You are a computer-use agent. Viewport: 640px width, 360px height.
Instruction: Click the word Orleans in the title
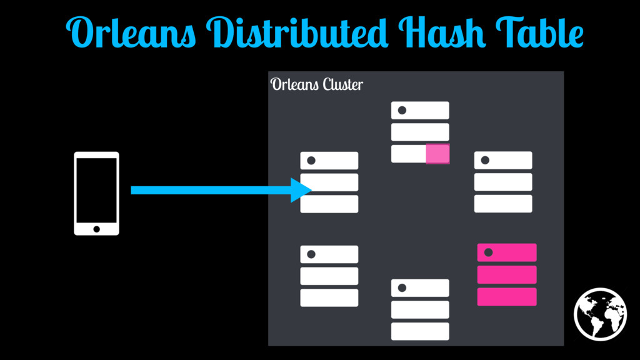[x=131, y=32]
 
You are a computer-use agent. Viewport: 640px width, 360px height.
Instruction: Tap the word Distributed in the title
[x=297, y=32]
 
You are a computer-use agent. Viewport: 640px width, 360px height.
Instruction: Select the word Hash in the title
[x=442, y=32]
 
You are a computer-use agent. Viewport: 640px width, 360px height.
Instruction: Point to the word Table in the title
[x=539, y=32]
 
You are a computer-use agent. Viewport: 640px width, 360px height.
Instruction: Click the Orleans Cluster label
[x=317, y=84]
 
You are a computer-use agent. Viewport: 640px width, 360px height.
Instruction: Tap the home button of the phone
[x=97, y=229]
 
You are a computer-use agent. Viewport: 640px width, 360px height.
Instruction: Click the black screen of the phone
[x=97, y=191]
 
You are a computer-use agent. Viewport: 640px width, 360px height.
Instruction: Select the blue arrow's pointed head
[x=301, y=190]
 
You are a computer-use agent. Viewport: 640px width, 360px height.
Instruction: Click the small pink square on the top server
[x=437, y=154]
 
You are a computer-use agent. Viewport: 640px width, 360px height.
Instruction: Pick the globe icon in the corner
[x=600, y=314]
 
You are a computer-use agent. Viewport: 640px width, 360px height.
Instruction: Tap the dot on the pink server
[x=488, y=252]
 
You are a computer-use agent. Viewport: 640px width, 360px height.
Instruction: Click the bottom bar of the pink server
[x=507, y=297]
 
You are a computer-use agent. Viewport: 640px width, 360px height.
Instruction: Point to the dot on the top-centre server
[x=402, y=110]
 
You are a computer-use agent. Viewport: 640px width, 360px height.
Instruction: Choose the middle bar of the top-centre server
[x=420, y=132]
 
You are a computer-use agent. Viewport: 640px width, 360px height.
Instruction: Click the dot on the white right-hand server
[x=485, y=160]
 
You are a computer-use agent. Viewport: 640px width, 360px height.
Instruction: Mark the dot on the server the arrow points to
[x=311, y=161]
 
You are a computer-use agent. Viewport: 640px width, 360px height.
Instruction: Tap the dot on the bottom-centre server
[x=402, y=287]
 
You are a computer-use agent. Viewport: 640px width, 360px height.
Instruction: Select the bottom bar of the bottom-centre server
[x=420, y=331]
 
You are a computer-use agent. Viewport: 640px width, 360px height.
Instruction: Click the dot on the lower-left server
[x=311, y=254]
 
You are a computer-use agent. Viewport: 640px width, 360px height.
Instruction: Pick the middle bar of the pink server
[x=507, y=275]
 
